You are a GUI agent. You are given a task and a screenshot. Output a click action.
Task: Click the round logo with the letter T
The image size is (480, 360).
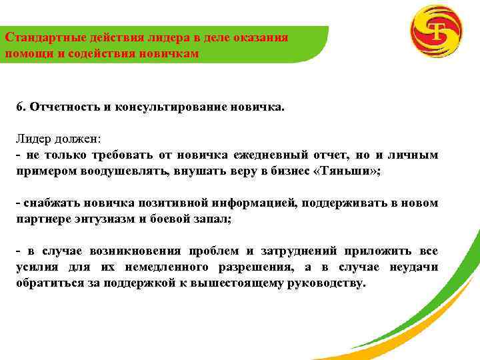point(437,33)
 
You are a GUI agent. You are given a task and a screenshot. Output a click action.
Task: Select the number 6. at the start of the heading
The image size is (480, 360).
point(21,107)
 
